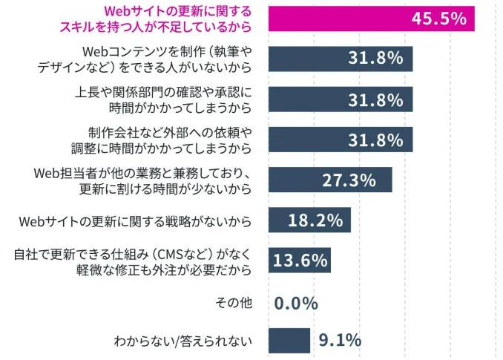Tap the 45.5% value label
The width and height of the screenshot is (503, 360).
pyautogui.click(x=439, y=19)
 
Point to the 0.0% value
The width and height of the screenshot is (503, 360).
pyautogui.click(x=296, y=303)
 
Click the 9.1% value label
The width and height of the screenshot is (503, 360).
pyautogui.click(x=339, y=341)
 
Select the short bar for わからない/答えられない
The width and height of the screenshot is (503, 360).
pyautogui.click(x=289, y=341)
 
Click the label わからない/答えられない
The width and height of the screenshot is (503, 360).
pyautogui.click(x=183, y=341)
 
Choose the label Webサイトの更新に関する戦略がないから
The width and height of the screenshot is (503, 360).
pyautogui.click(x=134, y=221)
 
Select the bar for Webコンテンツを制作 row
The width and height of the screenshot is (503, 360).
pyautogui.click(x=340, y=59)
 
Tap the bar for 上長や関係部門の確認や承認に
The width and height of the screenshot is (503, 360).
pyautogui.click(x=340, y=99)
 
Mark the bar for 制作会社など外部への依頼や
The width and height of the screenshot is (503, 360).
pyautogui.click(x=340, y=140)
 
